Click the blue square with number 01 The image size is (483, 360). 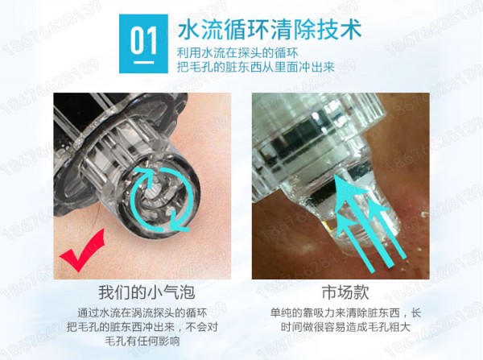tap(143, 43)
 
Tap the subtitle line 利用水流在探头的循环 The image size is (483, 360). tap(237, 53)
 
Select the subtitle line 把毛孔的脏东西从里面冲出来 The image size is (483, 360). tap(256, 67)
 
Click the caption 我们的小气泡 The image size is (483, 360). tap(147, 292)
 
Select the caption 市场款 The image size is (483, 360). tap(345, 292)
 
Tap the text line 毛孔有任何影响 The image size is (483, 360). tap(142, 341)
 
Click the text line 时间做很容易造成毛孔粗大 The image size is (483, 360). tap(345, 327)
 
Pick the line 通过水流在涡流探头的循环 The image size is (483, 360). tap(142, 312)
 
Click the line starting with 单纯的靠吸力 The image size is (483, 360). tap(345, 312)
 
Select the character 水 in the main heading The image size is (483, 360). tap(189, 30)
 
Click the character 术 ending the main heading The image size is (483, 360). tap(351, 30)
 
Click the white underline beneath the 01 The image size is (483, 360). tap(143, 62)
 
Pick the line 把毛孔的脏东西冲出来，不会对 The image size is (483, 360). tap(142, 327)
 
